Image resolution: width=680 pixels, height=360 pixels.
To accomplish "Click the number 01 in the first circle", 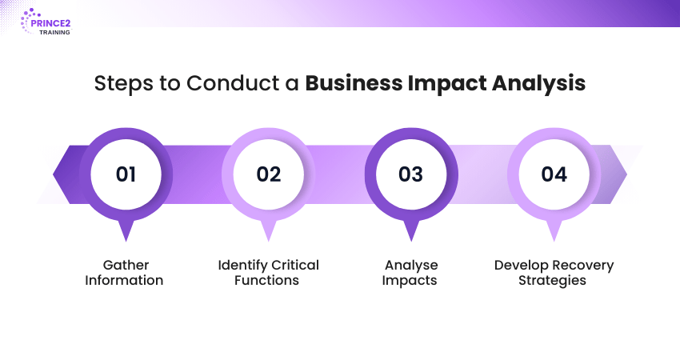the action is tap(126, 174).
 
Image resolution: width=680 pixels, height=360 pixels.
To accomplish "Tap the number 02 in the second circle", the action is tap(269, 174).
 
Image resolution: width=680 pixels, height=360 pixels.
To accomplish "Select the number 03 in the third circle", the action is tap(410, 174).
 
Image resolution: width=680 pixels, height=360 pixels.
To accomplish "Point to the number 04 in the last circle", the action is tap(554, 174).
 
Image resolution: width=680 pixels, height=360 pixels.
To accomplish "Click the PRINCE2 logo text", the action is tap(50, 23).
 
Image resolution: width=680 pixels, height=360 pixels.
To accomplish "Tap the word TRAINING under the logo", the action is tap(54, 33).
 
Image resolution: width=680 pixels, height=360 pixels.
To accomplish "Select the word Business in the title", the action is tap(354, 83).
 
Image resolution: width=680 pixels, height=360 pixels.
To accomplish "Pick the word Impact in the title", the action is tap(446, 84).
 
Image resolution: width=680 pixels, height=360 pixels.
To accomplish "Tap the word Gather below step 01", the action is tap(126, 265).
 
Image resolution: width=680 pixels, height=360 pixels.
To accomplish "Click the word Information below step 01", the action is tap(124, 280).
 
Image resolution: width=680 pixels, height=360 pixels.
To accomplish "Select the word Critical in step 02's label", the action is tap(295, 265).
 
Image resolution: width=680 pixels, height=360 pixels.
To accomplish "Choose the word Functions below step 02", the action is tap(266, 280).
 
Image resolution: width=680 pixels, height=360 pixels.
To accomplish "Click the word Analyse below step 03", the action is tap(411, 266).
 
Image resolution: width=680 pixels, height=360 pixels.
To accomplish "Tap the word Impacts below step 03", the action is tap(410, 281).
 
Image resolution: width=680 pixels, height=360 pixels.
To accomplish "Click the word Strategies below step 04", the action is tap(552, 281).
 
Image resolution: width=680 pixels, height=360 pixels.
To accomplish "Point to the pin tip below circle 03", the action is tap(411, 241).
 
